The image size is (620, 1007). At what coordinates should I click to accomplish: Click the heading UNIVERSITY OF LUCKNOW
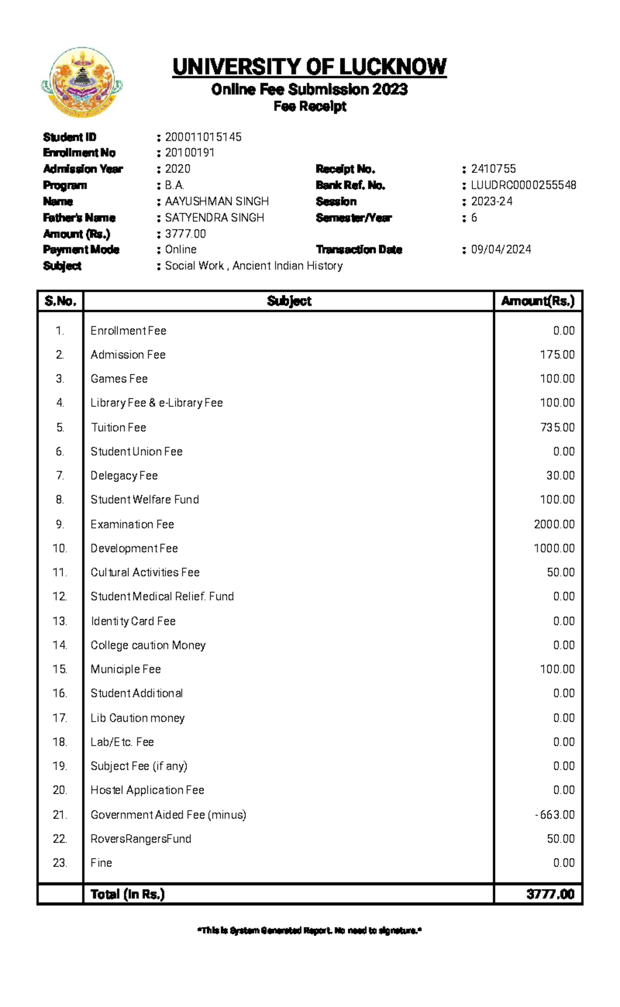click(x=309, y=67)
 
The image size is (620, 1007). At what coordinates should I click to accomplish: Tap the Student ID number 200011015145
click(x=203, y=137)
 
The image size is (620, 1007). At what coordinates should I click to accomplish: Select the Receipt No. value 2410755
click(x=493, y=169)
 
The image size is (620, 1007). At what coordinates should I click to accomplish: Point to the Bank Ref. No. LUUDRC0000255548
click(x=523, y=185)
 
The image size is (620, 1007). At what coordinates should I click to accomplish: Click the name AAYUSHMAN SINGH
click(x=216, y=201)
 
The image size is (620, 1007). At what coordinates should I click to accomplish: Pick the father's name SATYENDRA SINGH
click(x=214, y=217)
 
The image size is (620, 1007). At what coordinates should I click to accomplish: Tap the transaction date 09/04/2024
click(x=501, y=249)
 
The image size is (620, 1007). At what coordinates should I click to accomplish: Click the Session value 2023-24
click(x=491, y=201)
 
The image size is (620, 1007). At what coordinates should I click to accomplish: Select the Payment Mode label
click(x=81, y=249)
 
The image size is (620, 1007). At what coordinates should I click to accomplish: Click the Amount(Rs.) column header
click(x=538, y=301)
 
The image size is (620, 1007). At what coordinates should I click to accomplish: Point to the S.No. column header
click(x=60, y=301)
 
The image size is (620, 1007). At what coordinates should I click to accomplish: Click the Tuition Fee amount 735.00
click(x=557, y=428)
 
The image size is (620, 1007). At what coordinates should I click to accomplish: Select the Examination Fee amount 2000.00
click(x=554, y=524)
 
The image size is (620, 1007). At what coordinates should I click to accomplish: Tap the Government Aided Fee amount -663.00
click(x=555, y=814)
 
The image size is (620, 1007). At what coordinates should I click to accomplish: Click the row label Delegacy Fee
click(x=124, y=476)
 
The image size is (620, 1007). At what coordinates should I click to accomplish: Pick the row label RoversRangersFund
click(x=141, y=839)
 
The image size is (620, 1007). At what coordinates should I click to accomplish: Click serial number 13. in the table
click(x=60, y=621)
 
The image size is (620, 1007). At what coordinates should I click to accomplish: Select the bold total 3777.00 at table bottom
click(x=550, y=894)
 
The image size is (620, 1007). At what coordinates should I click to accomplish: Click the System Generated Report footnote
click(x=309, y=931)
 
